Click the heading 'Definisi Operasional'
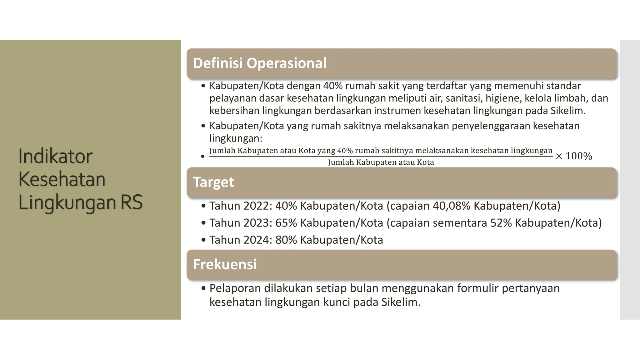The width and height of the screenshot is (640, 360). point(259,63)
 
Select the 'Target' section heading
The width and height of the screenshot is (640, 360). point(213,182)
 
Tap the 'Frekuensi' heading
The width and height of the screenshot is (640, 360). point(225,264)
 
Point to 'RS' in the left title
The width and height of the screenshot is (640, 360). point(131,202)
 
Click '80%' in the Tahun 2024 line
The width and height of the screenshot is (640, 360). point(286,240)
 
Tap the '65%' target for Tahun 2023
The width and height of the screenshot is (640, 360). point(286,223)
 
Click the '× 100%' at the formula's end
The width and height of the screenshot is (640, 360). point(574,156)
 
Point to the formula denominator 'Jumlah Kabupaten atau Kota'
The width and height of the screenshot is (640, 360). point(381,162)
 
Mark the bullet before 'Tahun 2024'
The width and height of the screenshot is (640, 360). point(203,240)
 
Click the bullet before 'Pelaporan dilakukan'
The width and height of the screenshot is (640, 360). point(203,288)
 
